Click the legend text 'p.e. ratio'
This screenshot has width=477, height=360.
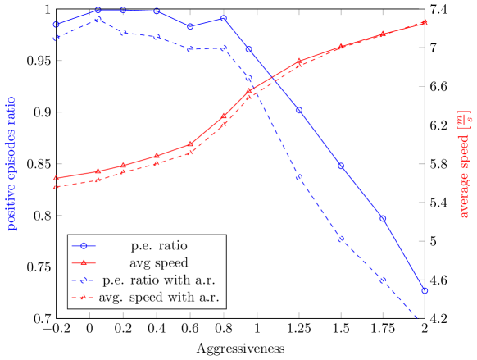tap(159, 245)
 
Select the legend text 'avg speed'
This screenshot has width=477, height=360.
tap(159, 263)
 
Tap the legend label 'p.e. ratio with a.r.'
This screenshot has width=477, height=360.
tap(159, 280)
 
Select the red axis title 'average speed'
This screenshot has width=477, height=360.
tap(464, 177)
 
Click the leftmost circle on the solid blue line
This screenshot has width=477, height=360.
tap(56, 25)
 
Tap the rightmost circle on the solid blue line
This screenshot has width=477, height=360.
tap(424, 290)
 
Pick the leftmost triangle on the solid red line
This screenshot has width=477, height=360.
tap(56, 178)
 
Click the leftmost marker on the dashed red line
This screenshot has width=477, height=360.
tap(56, 187)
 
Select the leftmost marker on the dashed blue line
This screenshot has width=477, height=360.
tap(56, 38)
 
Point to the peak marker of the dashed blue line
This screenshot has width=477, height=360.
tap(98, 19)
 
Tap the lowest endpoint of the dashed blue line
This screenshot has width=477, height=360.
tap(420, 319)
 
